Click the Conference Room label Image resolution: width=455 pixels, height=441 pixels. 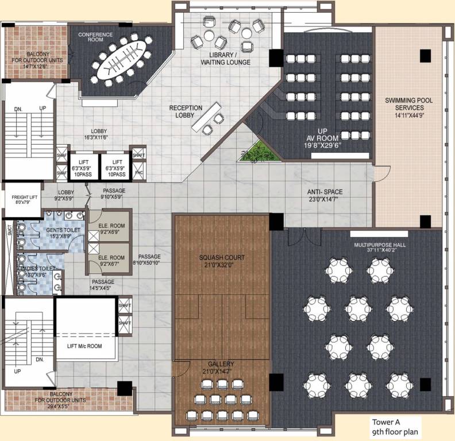[95, 38]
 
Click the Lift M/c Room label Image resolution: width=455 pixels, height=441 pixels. [85, 346]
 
